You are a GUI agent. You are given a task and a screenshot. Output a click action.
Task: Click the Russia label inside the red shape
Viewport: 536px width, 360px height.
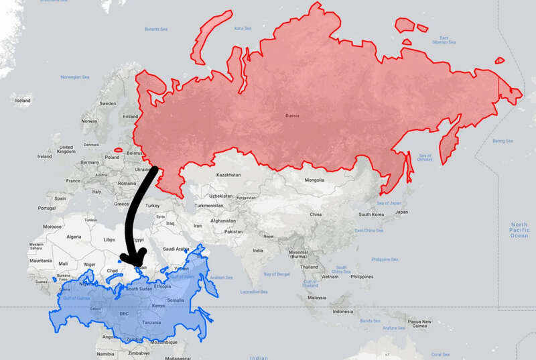[x=291, y=115]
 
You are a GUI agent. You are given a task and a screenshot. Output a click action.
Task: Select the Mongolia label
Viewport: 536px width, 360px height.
[x=314, y=180]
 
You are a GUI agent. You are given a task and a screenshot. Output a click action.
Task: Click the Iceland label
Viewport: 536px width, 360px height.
[x=23, y=101]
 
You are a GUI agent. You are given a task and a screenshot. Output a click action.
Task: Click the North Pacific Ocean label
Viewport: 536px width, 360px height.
[x=519, y=230]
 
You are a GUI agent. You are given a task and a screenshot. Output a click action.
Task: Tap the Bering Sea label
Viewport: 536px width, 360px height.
[x=503, y=141]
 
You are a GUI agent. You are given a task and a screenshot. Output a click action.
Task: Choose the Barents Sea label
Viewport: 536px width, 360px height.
[x=156, y=29]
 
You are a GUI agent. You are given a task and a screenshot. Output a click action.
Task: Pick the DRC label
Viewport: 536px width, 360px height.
[x=123, y=313]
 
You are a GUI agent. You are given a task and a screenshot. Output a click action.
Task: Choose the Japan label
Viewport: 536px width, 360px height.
[x=401, y=212]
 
